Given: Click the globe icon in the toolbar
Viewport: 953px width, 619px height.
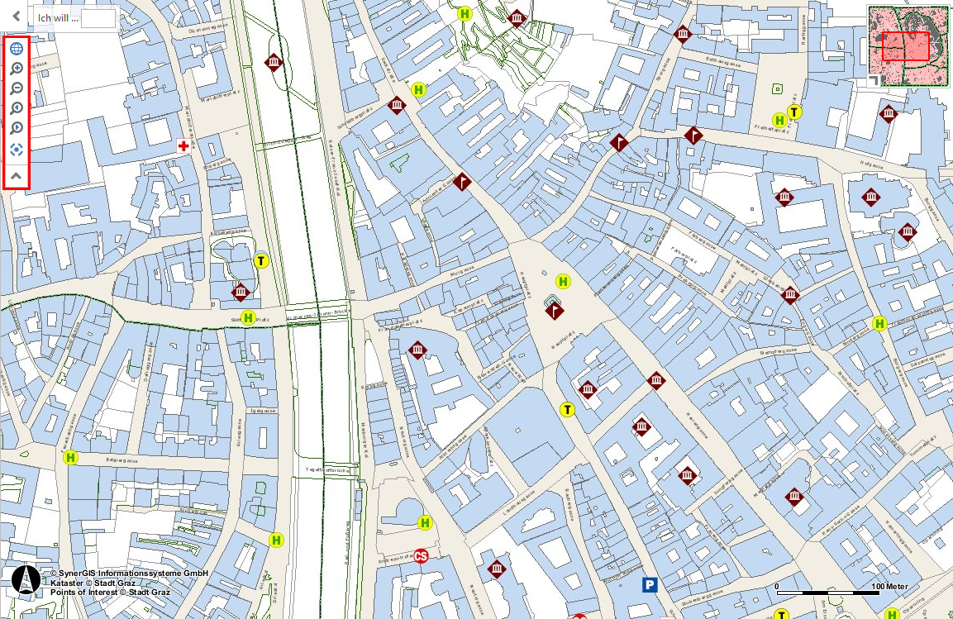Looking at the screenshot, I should pyautogui.click(x=16, y=48).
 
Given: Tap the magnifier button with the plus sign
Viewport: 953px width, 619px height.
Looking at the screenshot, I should pyautogui.click(x=16, y=69).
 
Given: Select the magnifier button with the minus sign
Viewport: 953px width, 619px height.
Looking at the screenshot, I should pyautogui.click(x=16, y=88).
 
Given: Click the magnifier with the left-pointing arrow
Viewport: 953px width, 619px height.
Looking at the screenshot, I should pyautogui.click(x=16, y=108).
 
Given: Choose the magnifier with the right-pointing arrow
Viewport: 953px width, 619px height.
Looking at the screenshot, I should pyautogui.click(x=16, y=128).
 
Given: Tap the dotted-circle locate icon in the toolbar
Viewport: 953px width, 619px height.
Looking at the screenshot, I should pyautogui.click(x=16, y=150).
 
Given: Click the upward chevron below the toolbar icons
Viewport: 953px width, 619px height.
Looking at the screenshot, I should pyautogui.click(x=16, y=175).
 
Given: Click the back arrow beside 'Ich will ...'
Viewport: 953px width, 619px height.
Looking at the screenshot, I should pyautogui.click(x=16, y=16).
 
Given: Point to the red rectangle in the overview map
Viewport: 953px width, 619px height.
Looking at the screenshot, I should pyautogui.click(x=906, y=46).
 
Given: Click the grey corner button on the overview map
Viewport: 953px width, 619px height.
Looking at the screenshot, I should pyautogui.click(x=873, y=79).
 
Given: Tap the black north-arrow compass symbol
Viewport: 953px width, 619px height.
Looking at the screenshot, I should pyautogui.click(x=26, y=581).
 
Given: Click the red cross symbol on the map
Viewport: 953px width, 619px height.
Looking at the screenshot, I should pyautogui.click(x=183, y=145).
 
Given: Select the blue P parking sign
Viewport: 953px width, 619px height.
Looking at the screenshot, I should pyautogui.click(x=650, y=585).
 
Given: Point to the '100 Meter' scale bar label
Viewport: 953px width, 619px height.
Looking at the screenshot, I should pyautogui.click(x=891, y=586).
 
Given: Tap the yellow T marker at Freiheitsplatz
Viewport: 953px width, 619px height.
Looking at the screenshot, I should pyautogui.click(x=794, y=112).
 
